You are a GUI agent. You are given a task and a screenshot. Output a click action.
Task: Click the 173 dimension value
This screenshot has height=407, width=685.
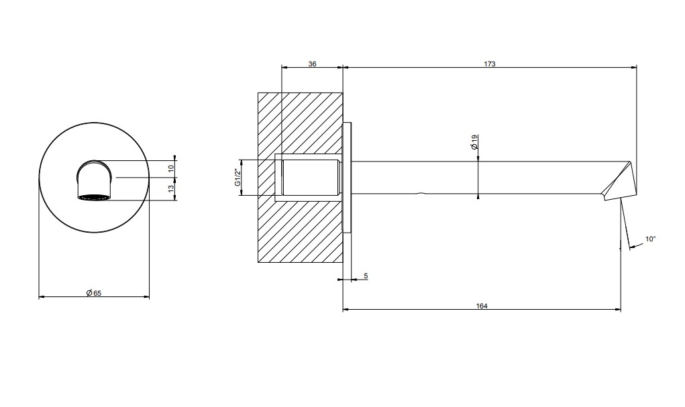489,64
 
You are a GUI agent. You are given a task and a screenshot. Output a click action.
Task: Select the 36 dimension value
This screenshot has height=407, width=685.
312,64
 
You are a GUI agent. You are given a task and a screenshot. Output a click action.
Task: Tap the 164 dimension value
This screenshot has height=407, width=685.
482,306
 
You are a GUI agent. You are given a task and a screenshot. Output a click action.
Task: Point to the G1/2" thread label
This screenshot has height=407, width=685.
238,178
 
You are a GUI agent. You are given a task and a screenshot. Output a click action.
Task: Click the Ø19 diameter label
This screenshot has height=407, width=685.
474,142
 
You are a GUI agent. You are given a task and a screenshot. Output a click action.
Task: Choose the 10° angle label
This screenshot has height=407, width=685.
651,239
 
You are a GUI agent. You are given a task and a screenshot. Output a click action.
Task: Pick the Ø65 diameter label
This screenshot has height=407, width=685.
93,293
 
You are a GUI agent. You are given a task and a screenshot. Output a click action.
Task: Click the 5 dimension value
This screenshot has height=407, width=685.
366,276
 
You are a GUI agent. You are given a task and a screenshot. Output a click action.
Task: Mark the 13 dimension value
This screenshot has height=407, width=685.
171,188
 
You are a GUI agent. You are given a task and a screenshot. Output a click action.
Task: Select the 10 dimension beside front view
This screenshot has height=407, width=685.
171,166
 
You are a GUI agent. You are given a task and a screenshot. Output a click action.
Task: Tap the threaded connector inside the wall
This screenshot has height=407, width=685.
311,178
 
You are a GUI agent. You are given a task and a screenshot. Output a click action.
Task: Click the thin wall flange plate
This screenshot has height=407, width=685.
347,178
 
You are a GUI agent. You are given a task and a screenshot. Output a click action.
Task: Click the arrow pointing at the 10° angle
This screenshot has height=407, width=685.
637,247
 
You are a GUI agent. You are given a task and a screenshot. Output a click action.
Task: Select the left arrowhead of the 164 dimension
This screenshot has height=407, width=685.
346,310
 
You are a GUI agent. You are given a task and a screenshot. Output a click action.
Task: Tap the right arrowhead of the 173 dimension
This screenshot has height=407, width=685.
634,67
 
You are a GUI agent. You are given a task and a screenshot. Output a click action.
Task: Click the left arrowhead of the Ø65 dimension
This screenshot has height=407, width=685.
42,297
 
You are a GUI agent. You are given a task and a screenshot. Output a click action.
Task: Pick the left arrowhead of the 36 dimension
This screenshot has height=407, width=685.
284,67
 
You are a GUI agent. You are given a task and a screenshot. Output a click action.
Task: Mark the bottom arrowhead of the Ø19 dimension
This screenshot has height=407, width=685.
478,196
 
